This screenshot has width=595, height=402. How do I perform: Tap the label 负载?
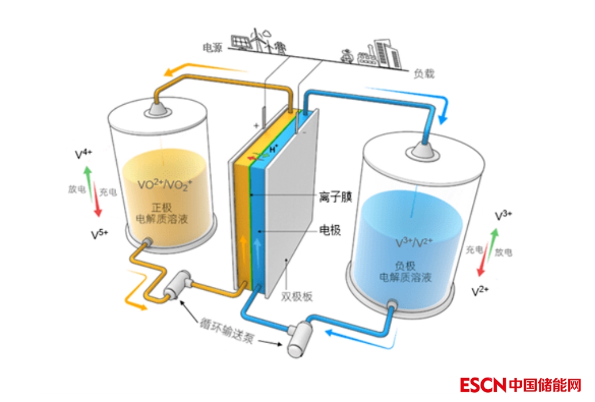[424, 74]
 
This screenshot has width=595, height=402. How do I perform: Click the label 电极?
[330, 230]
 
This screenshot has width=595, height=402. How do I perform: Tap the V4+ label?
[84, 154]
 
